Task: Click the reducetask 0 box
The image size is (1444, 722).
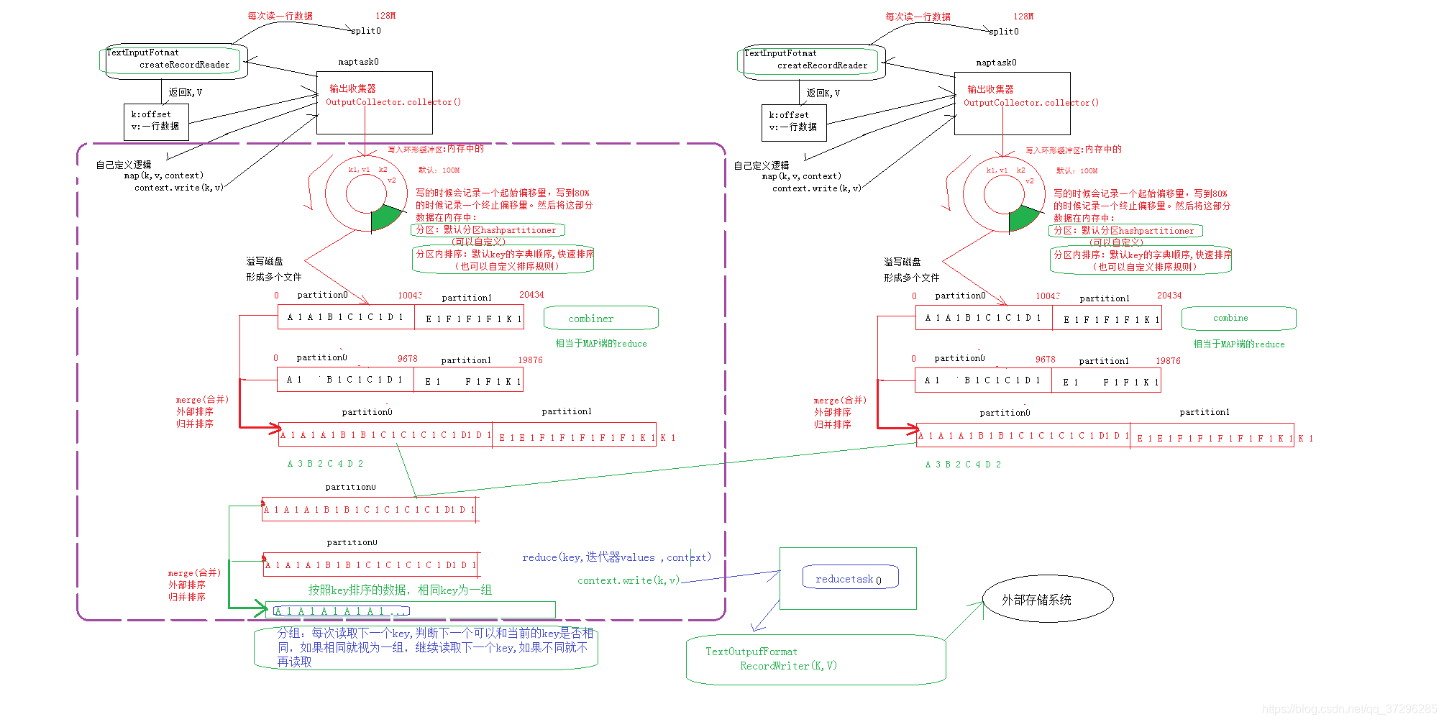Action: coord(850,577)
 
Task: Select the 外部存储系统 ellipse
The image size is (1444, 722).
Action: coord(1047,598)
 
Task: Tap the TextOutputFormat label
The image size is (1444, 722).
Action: coord(751,652)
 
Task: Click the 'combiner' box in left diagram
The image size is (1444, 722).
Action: coord(600,318)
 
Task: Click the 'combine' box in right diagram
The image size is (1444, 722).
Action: coord(1238,318)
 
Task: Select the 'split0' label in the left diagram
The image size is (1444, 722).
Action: coord(366,31)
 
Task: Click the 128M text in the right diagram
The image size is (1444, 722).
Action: coord(1023,16)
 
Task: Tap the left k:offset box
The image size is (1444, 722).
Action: coord(156,121)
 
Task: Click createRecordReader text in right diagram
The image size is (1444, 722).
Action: coord(822,65)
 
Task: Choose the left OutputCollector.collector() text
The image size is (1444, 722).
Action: coord(393,102)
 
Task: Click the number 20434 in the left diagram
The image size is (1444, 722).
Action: coord(531,295)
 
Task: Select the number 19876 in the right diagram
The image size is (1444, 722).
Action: coord(1168,361)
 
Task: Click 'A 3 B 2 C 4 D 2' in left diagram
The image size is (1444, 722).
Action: coord(325,464)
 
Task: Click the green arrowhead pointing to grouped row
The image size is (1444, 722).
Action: coord(260,608)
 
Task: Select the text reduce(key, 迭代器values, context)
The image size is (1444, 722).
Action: coord(616,557)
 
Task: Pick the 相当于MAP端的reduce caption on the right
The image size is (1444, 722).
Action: coord(1238,344)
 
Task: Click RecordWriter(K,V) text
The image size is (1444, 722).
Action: coord(788,666)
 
